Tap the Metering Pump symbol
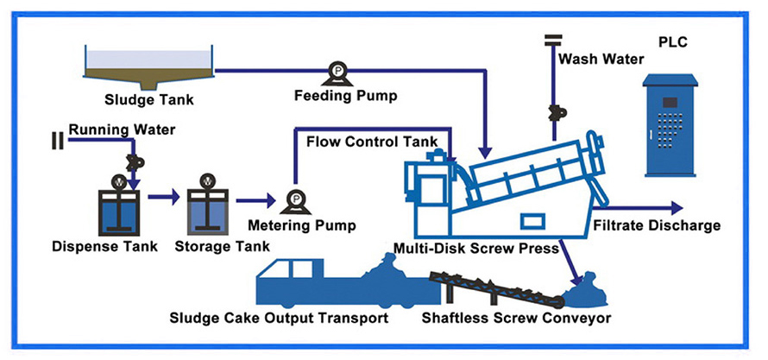click(x=296, y=201)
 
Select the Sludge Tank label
click(x=148, y=98)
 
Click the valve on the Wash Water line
click(x=553, y=111)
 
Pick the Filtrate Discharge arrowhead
click(x=674, y=208)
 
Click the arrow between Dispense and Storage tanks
click(x=163, y=198)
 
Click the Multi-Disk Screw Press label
click(x=476, y=249)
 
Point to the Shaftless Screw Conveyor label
click(x=516, y=318)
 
